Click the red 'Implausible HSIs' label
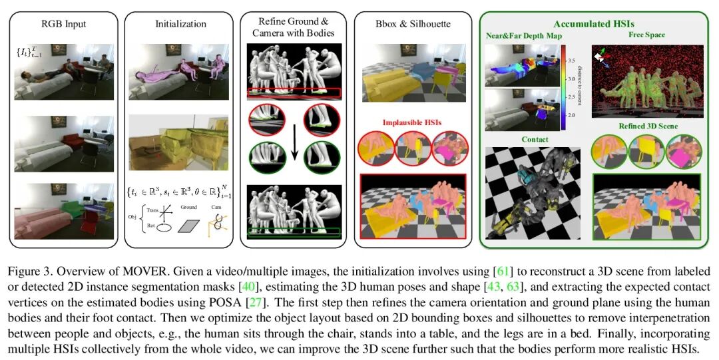point(409,123)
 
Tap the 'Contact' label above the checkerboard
point(535,140)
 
